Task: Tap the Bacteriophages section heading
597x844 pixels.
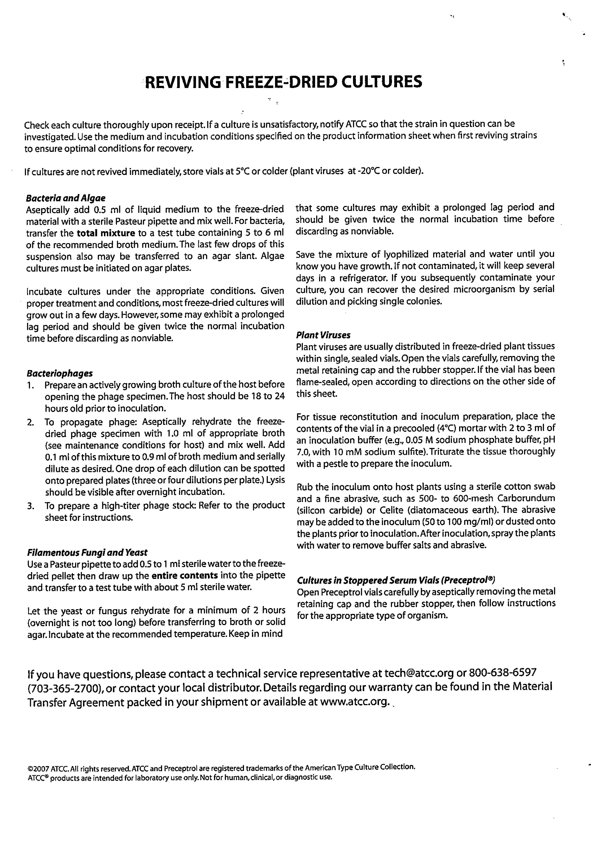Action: click(x=60, y=373)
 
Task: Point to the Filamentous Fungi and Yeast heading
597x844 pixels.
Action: click(x=87, y=553)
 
